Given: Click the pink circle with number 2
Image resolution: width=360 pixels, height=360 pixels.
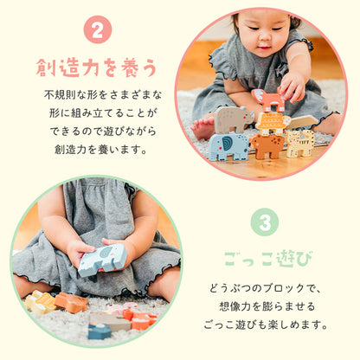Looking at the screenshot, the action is point(98,29).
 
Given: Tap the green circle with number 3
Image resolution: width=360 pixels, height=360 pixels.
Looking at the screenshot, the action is point(265,222).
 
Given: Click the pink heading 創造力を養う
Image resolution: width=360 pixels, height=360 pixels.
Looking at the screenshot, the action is point(96,67).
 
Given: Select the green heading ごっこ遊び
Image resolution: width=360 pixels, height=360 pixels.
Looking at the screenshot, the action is point(268,259).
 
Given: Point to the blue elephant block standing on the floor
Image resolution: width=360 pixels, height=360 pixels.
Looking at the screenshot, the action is point(228,146).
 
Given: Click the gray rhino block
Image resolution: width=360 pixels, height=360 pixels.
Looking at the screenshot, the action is point(234,119).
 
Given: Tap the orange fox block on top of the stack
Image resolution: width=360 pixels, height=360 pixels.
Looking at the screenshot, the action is point(269,100).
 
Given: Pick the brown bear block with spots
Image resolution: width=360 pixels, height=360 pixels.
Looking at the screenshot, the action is point(267,145).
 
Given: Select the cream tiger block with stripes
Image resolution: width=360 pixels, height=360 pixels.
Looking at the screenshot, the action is point(300,144).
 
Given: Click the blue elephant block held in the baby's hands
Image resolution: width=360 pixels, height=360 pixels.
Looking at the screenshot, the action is point(102,260).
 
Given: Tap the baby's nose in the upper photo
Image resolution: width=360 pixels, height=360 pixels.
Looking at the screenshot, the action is point(264,37).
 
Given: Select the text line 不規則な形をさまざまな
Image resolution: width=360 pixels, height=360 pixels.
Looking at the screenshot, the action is point(103,95).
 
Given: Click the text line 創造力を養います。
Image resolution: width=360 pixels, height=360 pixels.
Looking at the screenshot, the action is point(101,150).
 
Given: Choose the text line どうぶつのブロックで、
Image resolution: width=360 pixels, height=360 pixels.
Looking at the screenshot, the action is point(265,288).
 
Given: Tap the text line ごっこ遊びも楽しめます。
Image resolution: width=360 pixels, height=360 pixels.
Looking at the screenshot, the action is point(267,325).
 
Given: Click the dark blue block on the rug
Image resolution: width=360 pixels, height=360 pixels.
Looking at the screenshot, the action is point(100,331).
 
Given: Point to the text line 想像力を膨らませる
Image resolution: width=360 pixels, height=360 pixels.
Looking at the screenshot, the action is point(267,306).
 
